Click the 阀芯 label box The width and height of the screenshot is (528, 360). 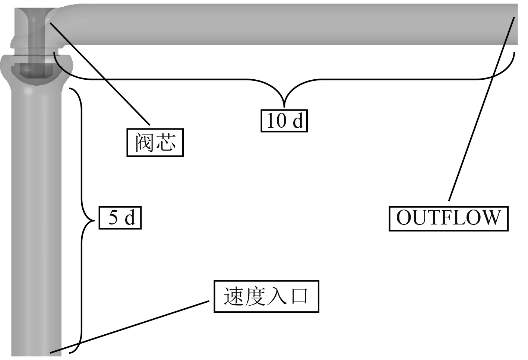pyautogui.click(x=155, y=143)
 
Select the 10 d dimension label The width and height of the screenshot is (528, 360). pyautogui.click(x=284, y=121)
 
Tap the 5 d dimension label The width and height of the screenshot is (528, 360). pyautogui.click(x=120, y=218)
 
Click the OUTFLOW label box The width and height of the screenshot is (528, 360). pyautogui.click(x=448, y=218)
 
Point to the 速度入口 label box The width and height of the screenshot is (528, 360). pyautogui.click(x=266, y=297)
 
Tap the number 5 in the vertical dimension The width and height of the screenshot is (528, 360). pyautogui.click(x=113, y=218)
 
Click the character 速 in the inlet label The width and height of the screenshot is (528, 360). pyautogui.click(x=234, y=297)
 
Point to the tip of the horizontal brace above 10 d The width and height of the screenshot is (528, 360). pyautogui.click(x=284, y=106)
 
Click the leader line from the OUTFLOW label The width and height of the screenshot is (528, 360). pyautogui.click(x=481, y=112)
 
